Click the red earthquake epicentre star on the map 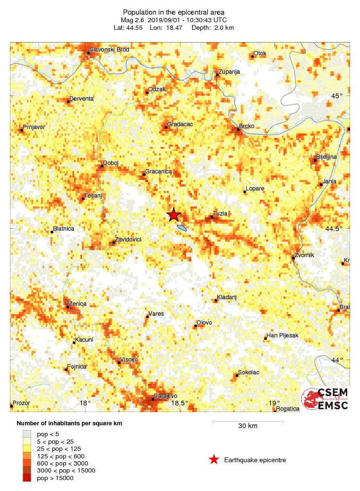174,215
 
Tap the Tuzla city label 220,214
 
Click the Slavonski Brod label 109,49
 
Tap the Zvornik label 304,255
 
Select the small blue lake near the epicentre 181,228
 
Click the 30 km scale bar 248,422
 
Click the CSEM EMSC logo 326,399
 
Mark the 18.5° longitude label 180,403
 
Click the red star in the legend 214,459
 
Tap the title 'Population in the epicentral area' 173,12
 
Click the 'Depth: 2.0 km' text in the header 213,27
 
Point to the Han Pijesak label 283,336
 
